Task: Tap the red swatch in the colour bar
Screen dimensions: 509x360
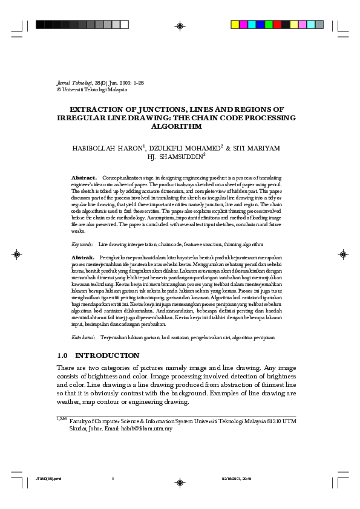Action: click(x=277, y=25)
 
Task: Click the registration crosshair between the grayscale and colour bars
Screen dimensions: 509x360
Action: click(x=180, y=25)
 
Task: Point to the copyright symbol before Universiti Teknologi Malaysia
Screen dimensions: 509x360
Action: click(x=59, y=89)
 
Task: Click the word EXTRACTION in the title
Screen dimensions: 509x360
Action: click(x=97, y=109)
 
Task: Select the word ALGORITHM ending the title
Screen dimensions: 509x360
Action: click(x=180, y=127)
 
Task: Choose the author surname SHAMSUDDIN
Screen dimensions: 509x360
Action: click(x=181, y=157)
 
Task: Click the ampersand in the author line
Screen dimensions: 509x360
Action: click(x=228, y=148)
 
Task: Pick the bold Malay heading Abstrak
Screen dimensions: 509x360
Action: click(x=83, y=258)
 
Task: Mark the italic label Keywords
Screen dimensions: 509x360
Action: click(x=82, y=244)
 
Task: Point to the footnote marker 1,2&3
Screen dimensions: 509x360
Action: click(x=61, y=418)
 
